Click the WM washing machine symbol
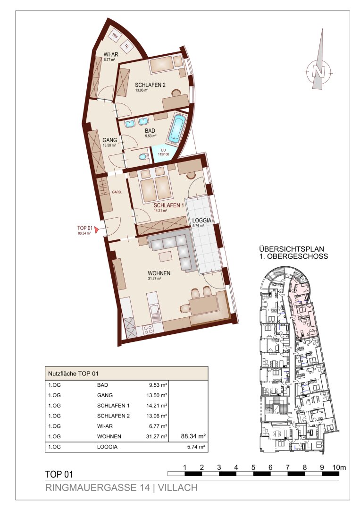point(114,35)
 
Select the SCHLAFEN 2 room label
point(150,85)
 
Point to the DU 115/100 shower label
point(163,152)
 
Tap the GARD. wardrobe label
point(117,192)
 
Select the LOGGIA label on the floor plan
point(202,220)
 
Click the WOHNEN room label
point(159,273)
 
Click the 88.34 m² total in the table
point(193,436)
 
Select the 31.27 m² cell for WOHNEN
point(157,436)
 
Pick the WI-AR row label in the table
point(105,426)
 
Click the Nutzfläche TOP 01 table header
point(73,374)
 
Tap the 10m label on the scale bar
point(339,467)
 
